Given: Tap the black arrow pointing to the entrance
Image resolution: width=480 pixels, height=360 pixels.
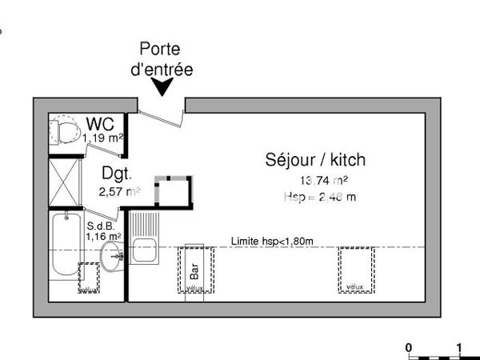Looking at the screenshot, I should (x=164, y=87).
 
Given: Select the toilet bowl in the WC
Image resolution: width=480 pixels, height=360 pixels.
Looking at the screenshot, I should (x=63, y=130).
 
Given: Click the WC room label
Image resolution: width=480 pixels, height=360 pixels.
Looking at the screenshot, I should (x=100, y=124).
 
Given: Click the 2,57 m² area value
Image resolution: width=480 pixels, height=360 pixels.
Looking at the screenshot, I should (x=118, y=191).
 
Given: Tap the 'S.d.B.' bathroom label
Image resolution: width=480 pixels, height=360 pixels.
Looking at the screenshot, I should (x=102, y=226).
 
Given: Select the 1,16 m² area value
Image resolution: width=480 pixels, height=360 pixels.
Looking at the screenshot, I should (x=103, y=237).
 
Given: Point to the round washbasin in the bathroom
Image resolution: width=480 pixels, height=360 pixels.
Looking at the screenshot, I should (x=113, y=257).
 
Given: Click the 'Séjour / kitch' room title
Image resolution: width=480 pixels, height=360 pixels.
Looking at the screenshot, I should (x=315, y=159).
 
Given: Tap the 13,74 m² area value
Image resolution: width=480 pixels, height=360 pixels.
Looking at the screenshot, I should (x=322, y=181).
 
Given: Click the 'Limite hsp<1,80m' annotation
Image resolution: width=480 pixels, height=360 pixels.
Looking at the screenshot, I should (x=271, y=241).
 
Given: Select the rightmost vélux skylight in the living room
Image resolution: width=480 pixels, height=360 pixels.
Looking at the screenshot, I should (x=355, y=270).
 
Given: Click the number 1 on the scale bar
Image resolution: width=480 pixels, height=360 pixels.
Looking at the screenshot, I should (x=459, y=347).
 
